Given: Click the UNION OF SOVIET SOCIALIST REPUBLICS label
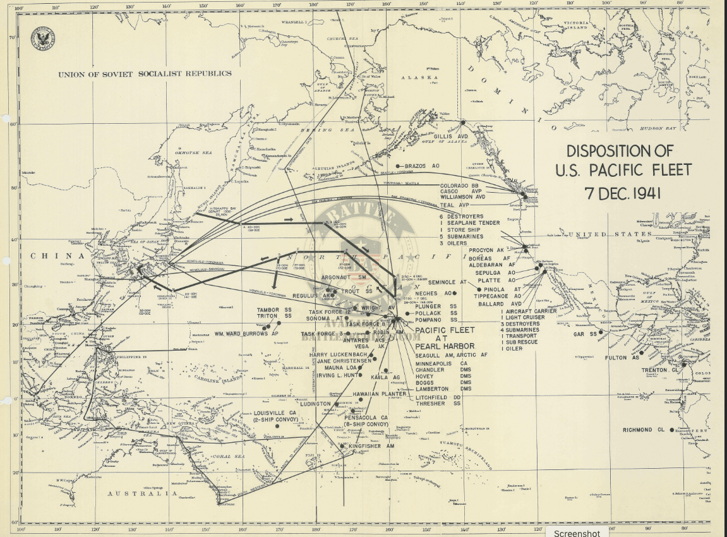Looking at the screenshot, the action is point(145,74).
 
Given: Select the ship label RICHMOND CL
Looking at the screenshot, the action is point(642,430).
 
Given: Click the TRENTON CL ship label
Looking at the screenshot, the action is point(658,370).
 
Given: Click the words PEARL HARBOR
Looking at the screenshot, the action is point(445,346).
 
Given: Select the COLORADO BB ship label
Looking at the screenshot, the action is point(459,186).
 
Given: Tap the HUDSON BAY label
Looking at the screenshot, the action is point(658,128).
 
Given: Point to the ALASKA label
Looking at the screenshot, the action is point(419,78).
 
